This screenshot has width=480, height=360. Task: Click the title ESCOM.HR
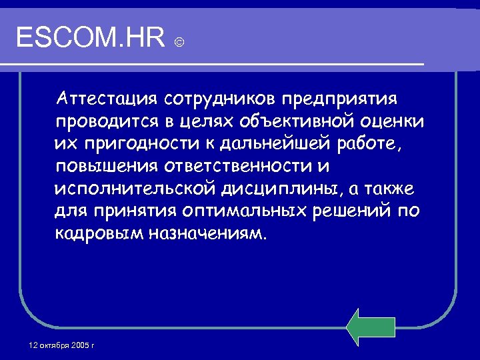(x=89, y=39)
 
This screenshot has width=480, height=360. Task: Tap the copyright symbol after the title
(x=179, y=43)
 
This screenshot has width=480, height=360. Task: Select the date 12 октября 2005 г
(x=62, y=345)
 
